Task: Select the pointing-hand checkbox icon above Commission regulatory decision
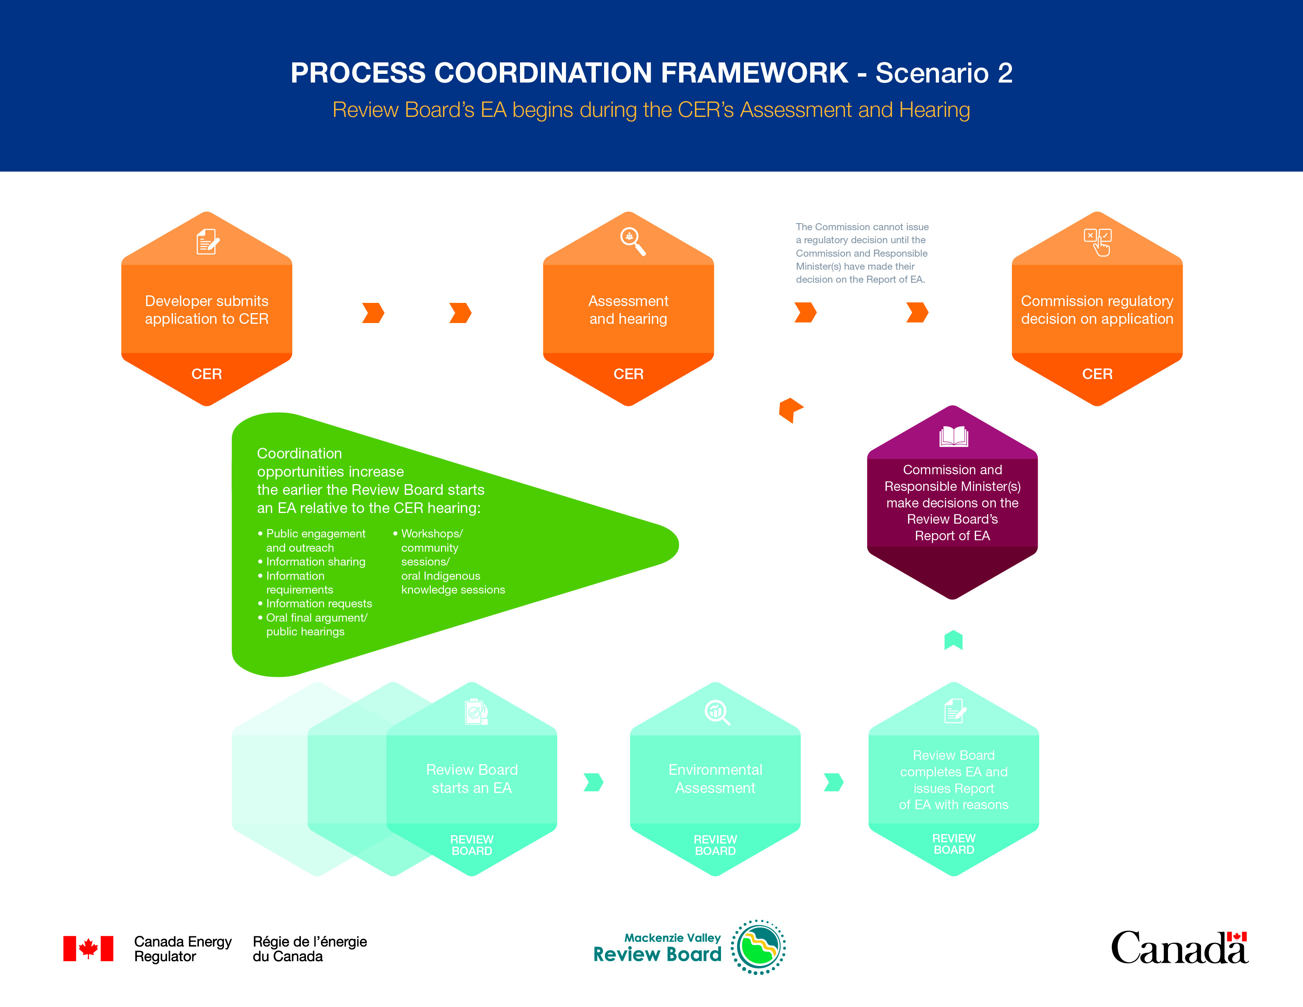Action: pos(1097,242)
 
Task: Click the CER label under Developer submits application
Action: pos(207,374)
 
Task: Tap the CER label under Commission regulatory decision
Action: pos(1097,374)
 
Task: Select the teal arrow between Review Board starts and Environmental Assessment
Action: pos(593,782)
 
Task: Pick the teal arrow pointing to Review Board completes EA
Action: pos(834,782)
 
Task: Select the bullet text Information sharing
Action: pos(315,562)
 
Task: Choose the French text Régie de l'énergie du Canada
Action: pos(310,949)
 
